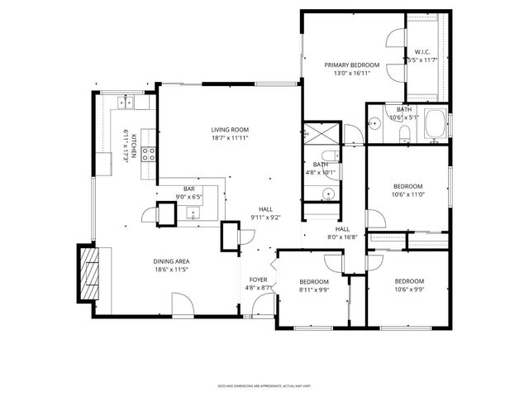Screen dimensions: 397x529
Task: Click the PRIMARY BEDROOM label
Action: pos(351,65)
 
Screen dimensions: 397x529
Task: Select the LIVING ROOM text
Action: pos(230,130)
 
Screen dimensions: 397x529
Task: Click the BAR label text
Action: pos(190,189)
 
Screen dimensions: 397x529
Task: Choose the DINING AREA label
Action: pos(171,261)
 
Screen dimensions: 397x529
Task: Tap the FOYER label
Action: pos(258,280)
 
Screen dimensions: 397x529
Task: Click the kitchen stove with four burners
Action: pos(150,152)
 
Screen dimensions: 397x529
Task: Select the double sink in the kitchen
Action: pos(128,103)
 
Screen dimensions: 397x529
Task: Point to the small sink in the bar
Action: pos(194,213)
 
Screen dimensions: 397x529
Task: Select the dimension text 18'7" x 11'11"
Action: pos(230,138)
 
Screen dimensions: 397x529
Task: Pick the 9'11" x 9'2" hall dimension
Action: pos(264,218)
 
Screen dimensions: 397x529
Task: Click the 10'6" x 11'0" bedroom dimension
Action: pos(407,194)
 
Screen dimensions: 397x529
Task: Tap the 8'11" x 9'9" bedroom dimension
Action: pos(313,290)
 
